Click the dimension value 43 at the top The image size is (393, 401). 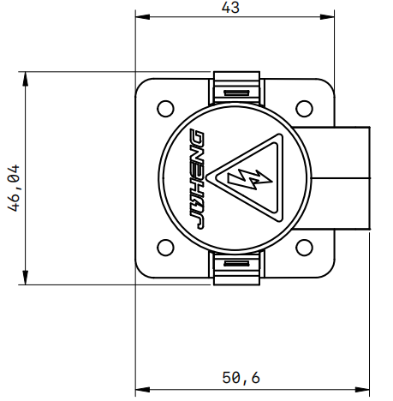click(230, 8)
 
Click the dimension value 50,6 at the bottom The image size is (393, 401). click(241, 377)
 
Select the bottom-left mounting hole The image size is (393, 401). click(164, 248)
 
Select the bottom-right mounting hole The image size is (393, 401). click(303, 248)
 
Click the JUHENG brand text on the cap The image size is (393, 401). click(195, 179)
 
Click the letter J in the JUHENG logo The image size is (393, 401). click(195, 220)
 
